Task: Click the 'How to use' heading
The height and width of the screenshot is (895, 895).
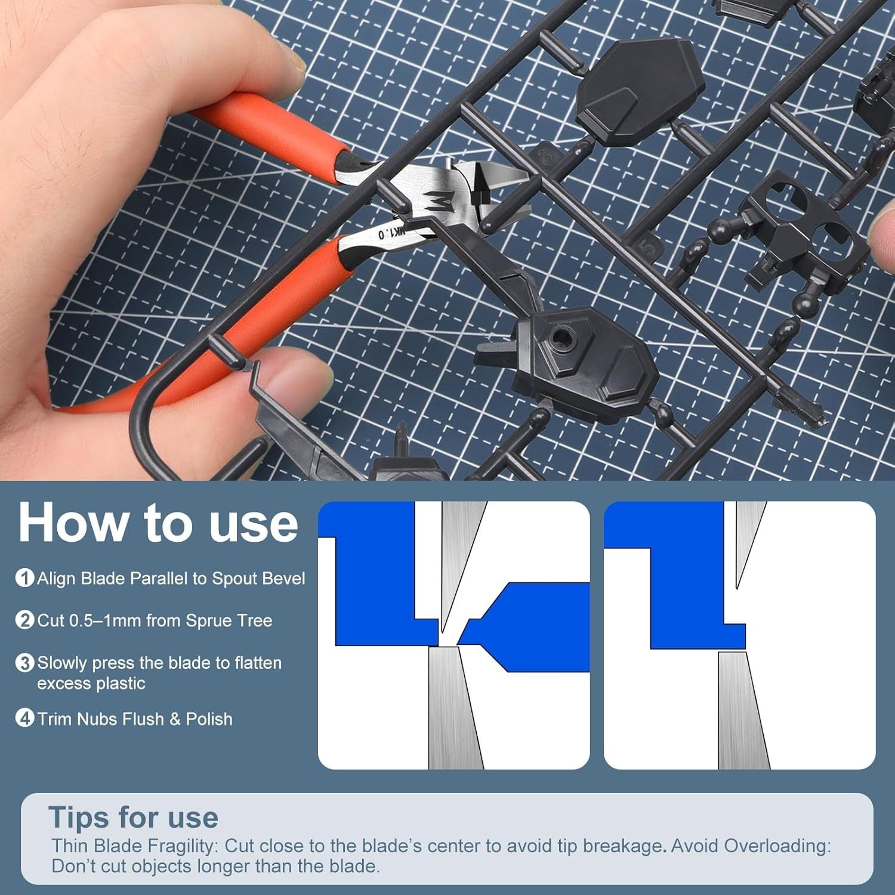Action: tap(158, 523)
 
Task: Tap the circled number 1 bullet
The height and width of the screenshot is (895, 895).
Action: tap(24, 578)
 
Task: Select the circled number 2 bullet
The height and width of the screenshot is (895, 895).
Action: tap(24, 621)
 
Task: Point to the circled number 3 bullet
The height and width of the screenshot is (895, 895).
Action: tap(24, 663)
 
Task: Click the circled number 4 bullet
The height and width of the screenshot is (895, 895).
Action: tap(24, 718)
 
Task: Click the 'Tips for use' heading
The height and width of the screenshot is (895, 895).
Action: tap(133, 817)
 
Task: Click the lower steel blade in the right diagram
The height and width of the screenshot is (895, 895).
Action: tap(742, 710)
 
